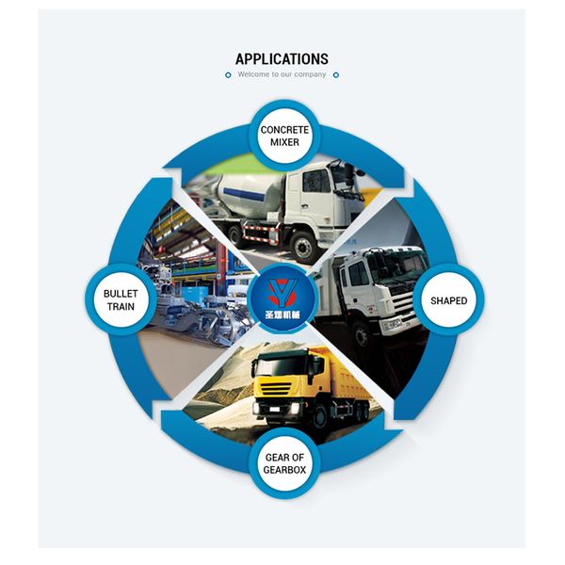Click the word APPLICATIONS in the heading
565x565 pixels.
(x=282, y=58)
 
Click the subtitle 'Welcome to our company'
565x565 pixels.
(x=282, y=74)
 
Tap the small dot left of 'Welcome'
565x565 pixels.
(x=228, y=74)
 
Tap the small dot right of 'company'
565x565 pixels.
(x=336, y=74)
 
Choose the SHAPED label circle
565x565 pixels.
(x=448, y=301)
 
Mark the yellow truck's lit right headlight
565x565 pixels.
(x=299, y=406)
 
